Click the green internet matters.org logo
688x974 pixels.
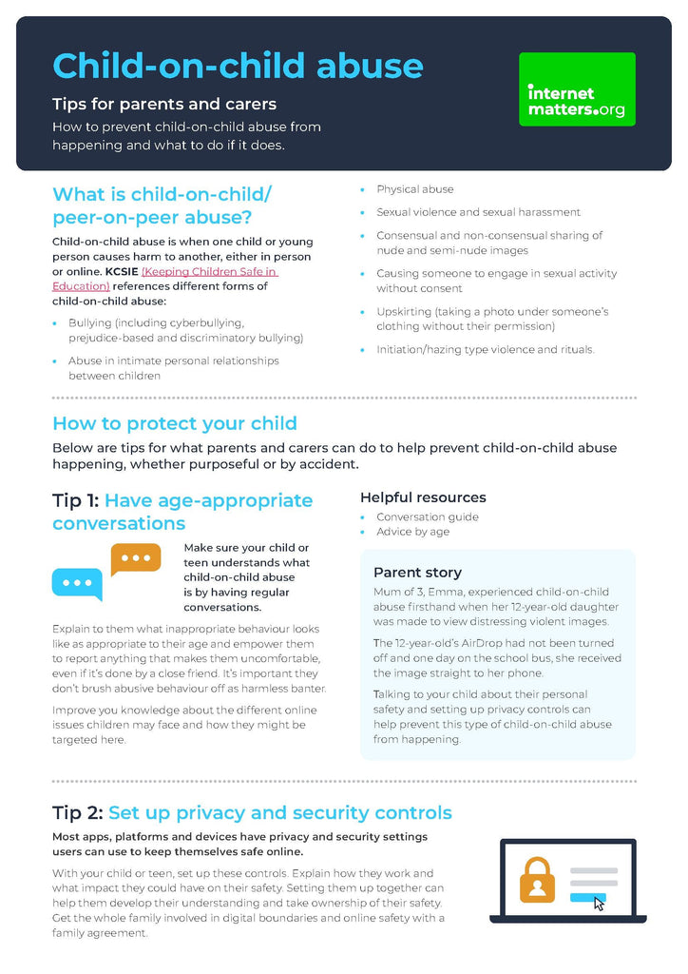point(577,89)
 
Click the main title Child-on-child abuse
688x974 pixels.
point(238,66)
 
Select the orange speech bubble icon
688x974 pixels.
point(136,559)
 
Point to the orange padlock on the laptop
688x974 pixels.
point(537,880)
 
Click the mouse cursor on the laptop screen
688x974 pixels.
point(599,903)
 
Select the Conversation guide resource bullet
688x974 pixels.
point(427,517)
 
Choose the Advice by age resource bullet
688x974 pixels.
point(412,532)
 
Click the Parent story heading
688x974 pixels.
point(417,573)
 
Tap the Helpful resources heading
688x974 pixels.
point(423,497)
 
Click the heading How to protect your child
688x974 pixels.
point(174,423)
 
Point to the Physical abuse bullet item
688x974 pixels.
point(414,189)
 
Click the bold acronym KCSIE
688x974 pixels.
point(122,272)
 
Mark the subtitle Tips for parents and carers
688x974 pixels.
point(163,104)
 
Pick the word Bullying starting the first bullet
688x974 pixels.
point(90,323)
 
